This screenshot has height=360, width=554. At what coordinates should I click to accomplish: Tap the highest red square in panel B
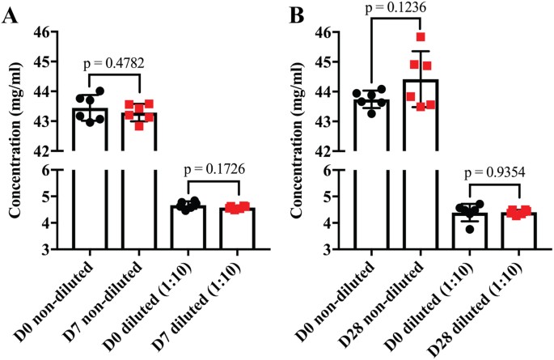[x=420, y=37]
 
